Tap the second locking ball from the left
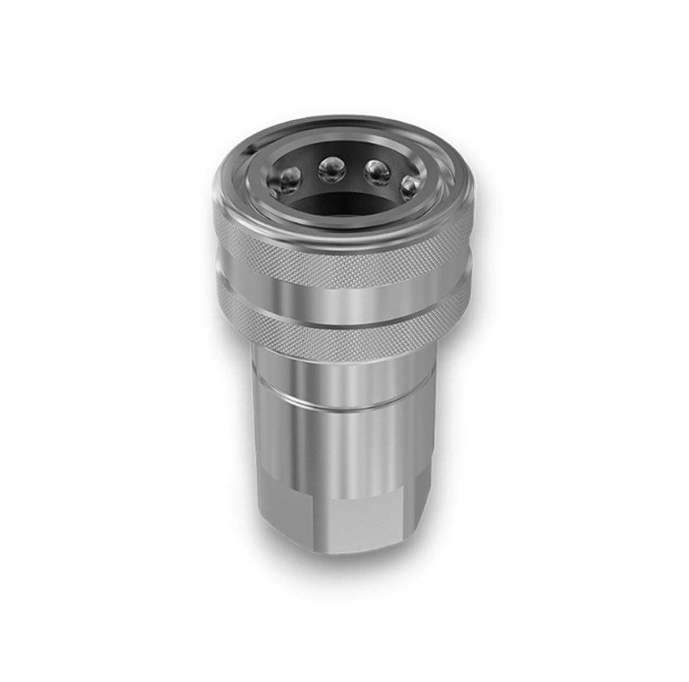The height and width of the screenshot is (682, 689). [331, 170]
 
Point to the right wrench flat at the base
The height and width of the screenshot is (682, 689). [422, 504]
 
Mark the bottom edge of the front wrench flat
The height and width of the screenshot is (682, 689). [360, 550]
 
